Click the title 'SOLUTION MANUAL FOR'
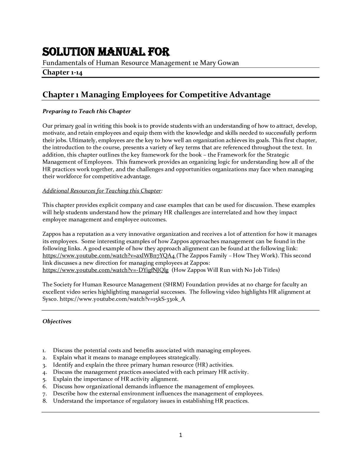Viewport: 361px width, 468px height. point(106,52)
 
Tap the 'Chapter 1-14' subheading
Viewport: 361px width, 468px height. point(62,72)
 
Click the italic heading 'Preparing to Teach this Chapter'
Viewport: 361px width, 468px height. point(86,111)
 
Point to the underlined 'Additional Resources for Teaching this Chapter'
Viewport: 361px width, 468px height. point(101,191)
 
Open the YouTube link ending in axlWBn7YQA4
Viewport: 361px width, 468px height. point(109,256)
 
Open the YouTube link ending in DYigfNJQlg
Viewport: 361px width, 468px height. point(105,270)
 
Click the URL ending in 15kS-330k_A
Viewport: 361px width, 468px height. point(122,299)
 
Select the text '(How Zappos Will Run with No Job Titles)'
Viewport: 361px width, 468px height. point(226,270)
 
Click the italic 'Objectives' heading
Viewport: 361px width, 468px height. point(57,321)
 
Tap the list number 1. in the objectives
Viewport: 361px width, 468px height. point(44,350)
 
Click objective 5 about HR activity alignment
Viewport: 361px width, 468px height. point(116,379)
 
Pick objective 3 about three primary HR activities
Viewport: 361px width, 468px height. point(143,365)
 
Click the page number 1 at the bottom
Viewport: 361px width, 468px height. point(180,435)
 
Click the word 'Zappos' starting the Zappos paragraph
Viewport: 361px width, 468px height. point(51,234)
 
